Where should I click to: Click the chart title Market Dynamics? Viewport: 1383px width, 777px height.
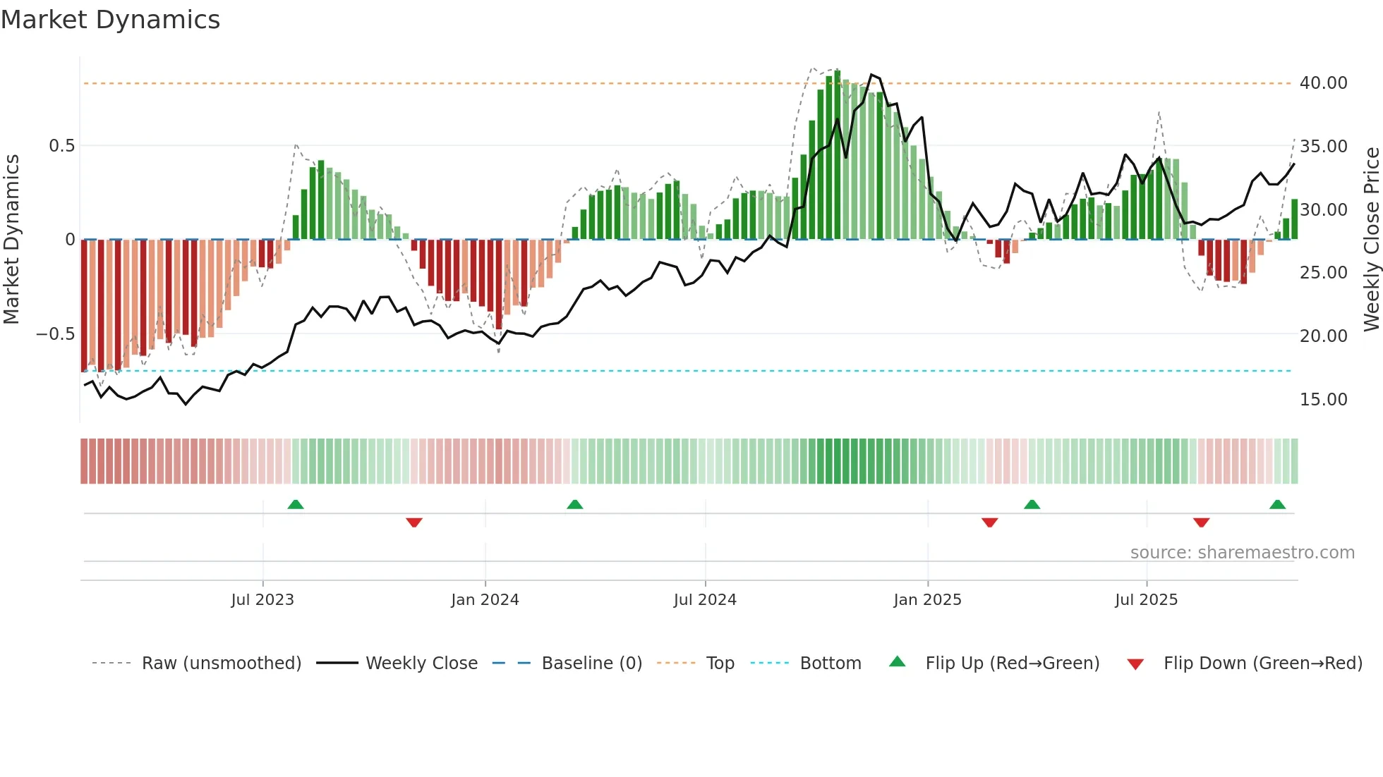(x=111, y=20)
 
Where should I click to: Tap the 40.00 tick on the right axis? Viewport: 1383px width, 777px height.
(x=1323, y=83)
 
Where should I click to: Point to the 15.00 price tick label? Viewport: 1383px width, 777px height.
(x=1323, y=400)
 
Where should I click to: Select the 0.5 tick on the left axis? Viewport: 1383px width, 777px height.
(x=61, y=146)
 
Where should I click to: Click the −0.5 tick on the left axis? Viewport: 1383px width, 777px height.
(x=56, y=334)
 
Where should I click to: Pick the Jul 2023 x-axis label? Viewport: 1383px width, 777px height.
(x=262, y=600)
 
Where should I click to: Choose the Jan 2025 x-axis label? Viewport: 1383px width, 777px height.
(x=927, y=600)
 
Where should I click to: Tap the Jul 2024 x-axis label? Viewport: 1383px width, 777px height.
(x=705, y=600)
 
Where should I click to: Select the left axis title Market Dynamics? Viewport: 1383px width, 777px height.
(x=11, y=240)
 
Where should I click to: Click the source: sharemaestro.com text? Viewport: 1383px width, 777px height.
(x=1242, y=553)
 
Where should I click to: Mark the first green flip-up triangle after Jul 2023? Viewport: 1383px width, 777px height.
(x=296, y=505)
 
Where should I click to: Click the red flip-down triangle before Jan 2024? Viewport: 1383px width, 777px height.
(x=414, y=522)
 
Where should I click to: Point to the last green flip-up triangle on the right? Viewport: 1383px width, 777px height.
(x=1277, y=505)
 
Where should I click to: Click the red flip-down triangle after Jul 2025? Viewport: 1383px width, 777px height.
(x=1202, y=522)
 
